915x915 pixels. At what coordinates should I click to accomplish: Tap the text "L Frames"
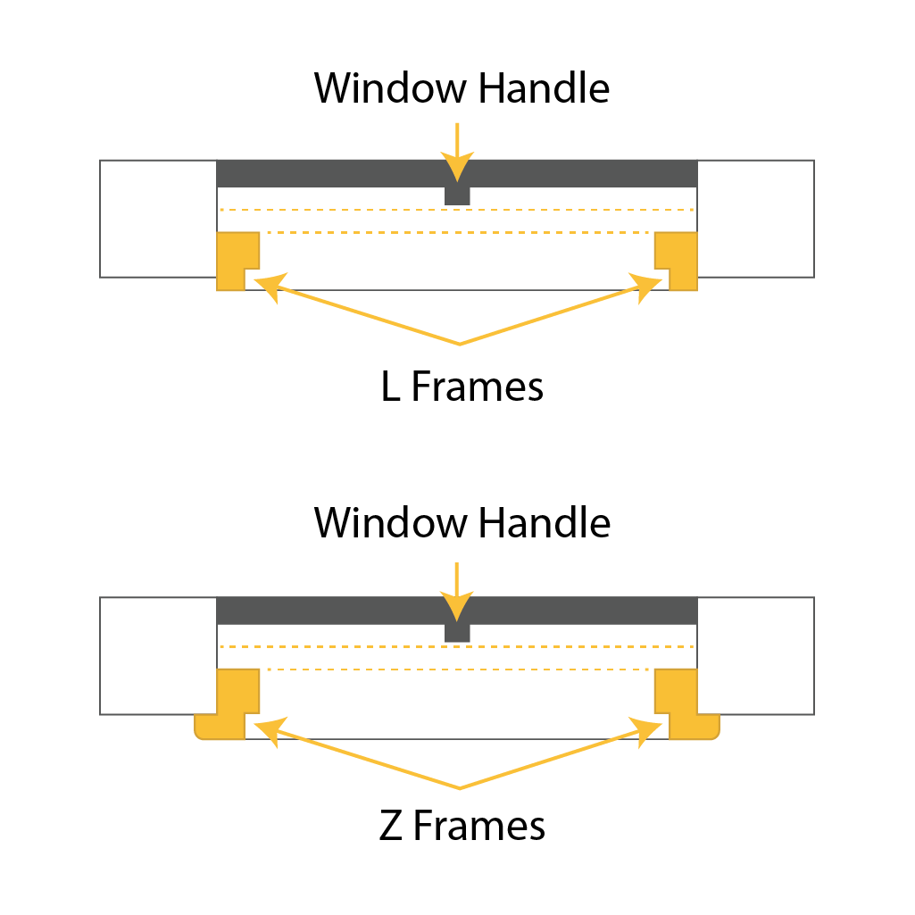462,387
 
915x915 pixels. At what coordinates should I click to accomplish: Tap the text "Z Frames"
462,826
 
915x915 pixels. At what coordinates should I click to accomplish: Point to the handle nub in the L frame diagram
457,195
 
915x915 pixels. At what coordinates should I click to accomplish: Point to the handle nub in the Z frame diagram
457,632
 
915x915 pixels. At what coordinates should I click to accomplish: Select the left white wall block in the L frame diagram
158,218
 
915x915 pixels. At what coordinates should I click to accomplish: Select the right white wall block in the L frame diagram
755,218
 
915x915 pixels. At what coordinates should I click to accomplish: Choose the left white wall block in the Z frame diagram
158,655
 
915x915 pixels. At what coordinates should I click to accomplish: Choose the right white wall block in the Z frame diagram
755,655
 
